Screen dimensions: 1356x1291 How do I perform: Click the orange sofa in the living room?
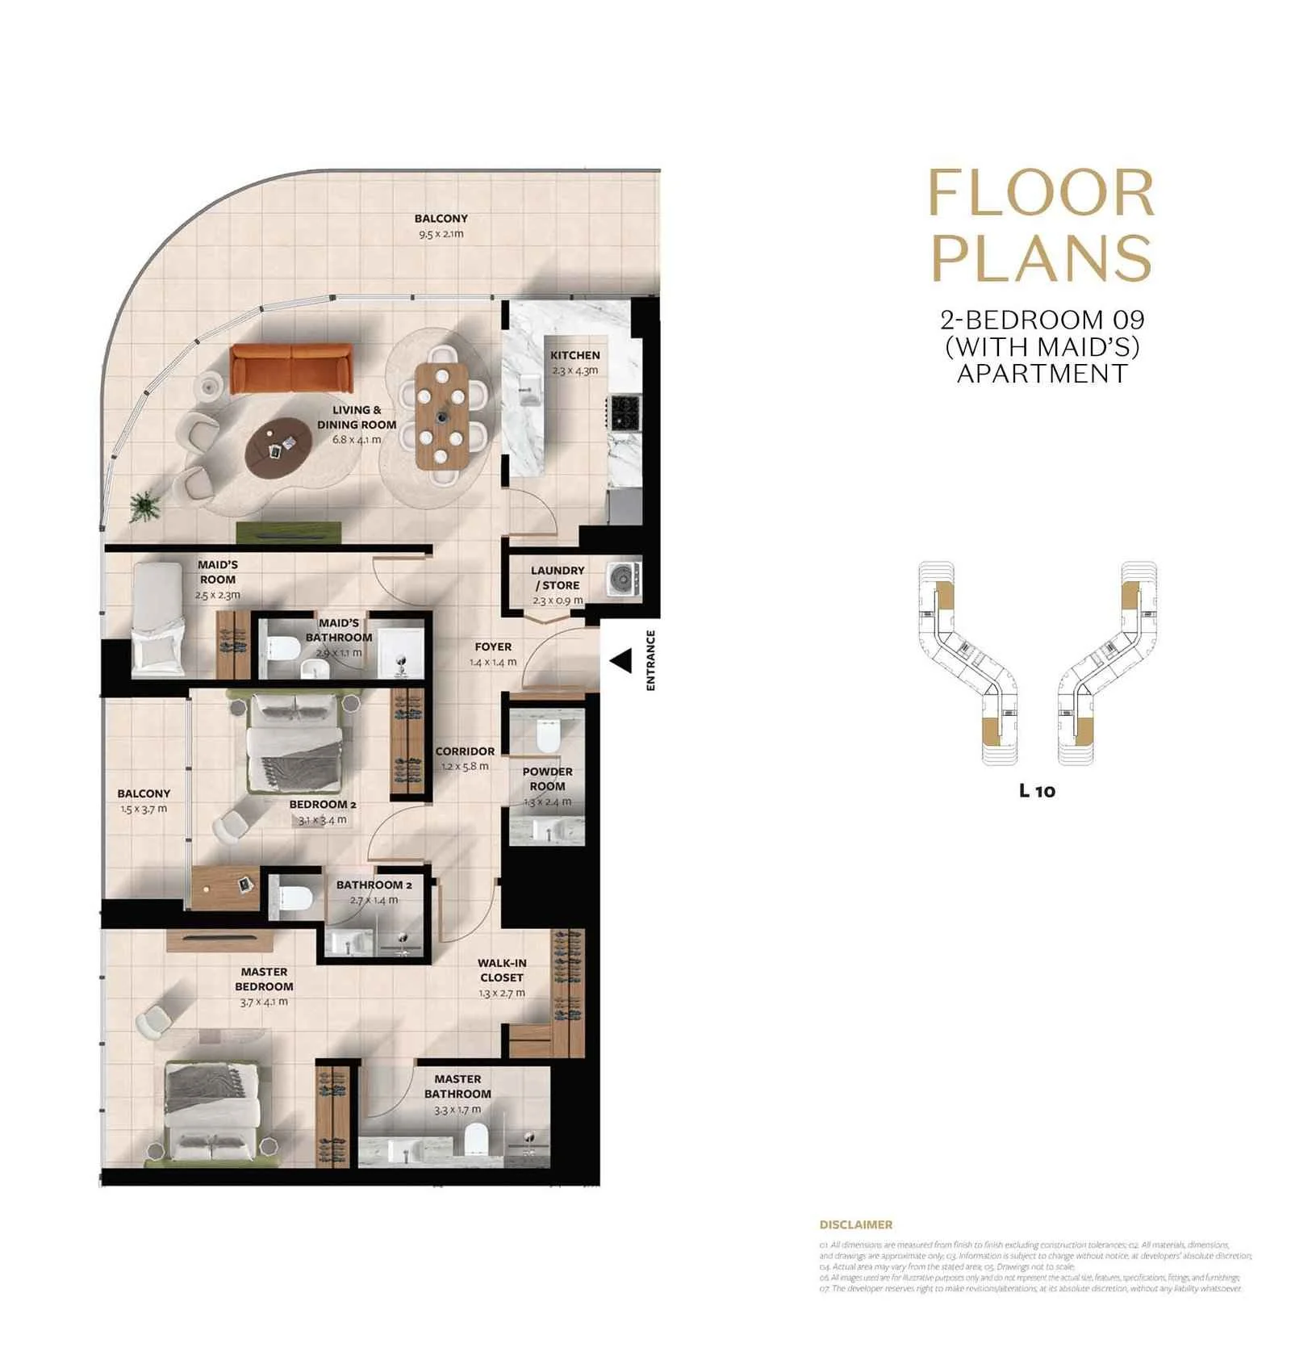pyautogui.click(x=291, y=368)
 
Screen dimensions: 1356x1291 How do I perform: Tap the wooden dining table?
pyautogui.click(x=441, y=416)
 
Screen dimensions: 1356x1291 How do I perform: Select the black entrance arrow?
pyautogui.click(x=620, y=662)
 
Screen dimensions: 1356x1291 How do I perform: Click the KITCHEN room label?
pyautogui.click(x=574, y=355)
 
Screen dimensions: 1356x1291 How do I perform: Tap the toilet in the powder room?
pyautogui.click(x=548, y=734)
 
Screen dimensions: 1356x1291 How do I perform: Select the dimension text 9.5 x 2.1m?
pyautogui.click(x=441, y=234)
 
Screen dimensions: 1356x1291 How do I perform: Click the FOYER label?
pyautogui.click(x=493, y=647)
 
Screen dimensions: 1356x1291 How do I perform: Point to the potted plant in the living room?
pyautogui.click(x=144, y=507)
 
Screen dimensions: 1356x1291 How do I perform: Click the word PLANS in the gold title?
pyautogui.click(x=1042, y=257)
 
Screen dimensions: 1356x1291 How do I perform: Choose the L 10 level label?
pyautogui.click(x=1037, y=791)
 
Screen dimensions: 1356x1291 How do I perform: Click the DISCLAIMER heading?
pyautogui.click(x=855, y=1224)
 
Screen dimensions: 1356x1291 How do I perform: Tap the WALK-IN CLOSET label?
pyautogui.click(x=501, y=969)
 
